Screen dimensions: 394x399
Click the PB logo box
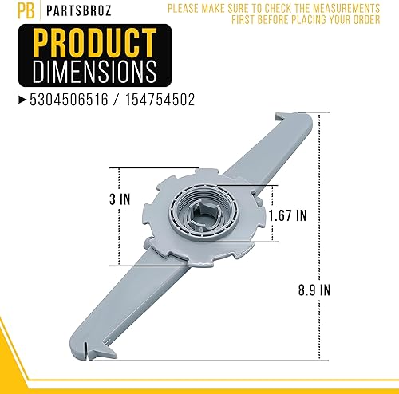pos(10,11)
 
